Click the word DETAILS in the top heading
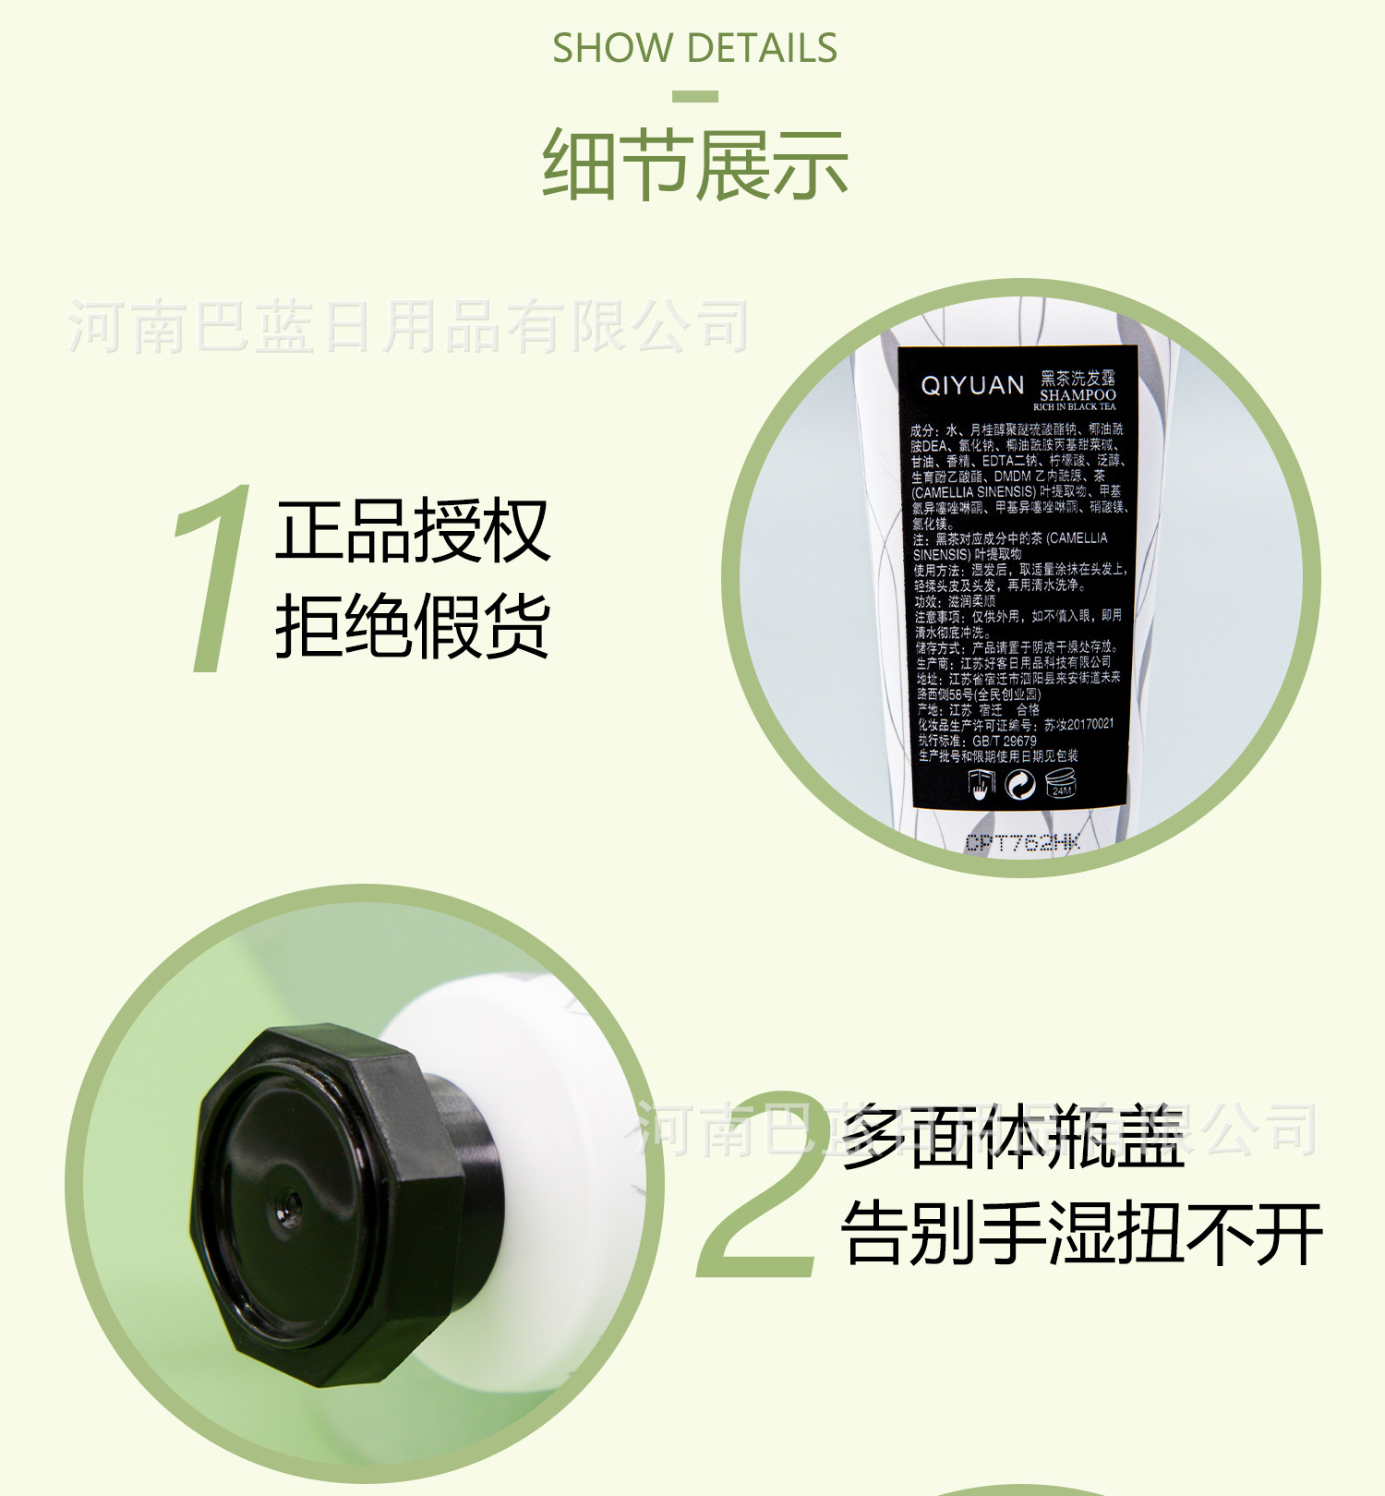(x=762, y=48)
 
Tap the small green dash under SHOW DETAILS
(x=695, y=96)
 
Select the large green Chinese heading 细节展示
(x=694, y=164)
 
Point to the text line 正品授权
(x=413, y=530)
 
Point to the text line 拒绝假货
(x=413, y=625)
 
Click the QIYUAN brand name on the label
(x=972, y=385)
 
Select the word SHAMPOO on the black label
(x=1078, y=394)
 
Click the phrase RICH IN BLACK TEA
(x=1074, y=407)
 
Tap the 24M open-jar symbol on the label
(x=1061, y=785)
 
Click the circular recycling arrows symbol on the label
(x=1019, y=785)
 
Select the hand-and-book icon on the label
(x=980, y=786)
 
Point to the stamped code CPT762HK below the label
(x=1022, y=842)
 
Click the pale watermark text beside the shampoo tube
(x=408, y=327)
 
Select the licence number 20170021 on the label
(x=1090, y=725)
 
